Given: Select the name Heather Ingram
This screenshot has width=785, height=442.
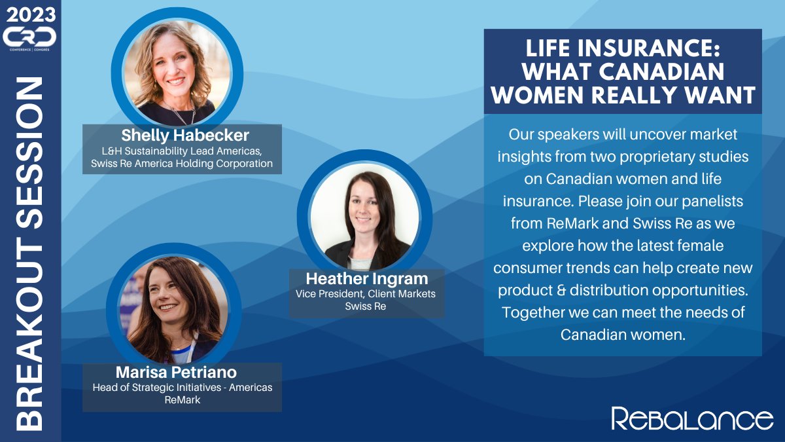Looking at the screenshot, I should point(367,279).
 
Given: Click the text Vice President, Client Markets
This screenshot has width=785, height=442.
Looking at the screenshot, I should point(366,294).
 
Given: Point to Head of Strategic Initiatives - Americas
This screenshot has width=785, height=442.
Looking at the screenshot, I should point(183,388).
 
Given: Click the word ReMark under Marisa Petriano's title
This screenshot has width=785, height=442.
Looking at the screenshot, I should point(183,400).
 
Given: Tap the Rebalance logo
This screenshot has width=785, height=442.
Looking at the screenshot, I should point(692,418).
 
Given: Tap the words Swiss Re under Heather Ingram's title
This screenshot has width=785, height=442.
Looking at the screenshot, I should point(366,306).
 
